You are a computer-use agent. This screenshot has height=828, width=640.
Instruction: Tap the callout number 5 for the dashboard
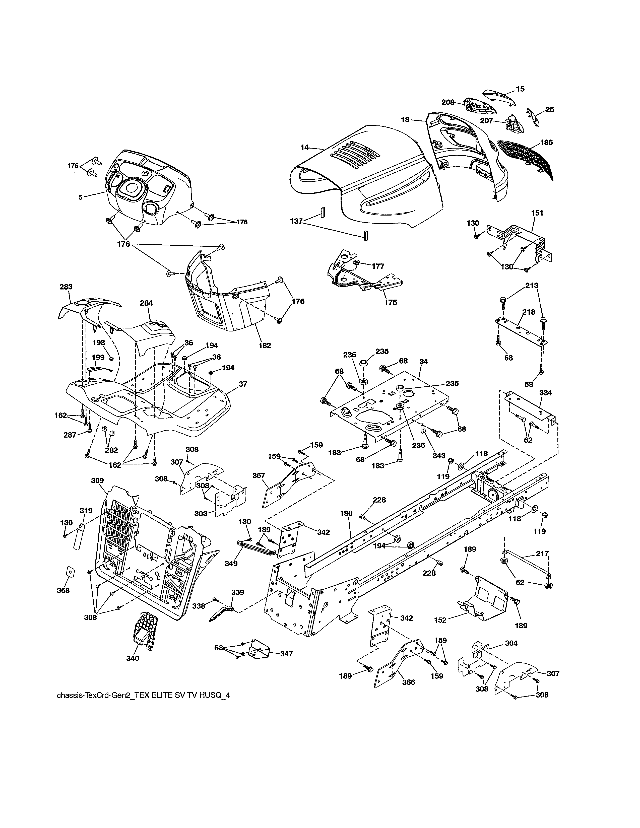[80, 197]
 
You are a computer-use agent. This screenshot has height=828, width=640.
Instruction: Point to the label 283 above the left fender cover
[66, 287]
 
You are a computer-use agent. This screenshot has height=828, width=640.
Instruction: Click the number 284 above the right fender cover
[146, 303]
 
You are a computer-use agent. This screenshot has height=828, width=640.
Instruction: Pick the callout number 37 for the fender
[243, 384]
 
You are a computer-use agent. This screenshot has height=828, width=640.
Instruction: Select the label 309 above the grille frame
[97, 480]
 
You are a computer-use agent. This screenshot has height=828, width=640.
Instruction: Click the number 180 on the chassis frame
[346, 513]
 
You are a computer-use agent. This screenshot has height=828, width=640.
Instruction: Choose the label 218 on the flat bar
[529, 312]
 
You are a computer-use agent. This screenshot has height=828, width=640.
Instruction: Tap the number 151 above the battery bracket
[537, 213]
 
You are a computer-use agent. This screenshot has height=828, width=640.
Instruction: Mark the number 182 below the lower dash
[265, 346]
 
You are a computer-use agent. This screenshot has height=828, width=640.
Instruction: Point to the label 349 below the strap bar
[231, 564]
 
